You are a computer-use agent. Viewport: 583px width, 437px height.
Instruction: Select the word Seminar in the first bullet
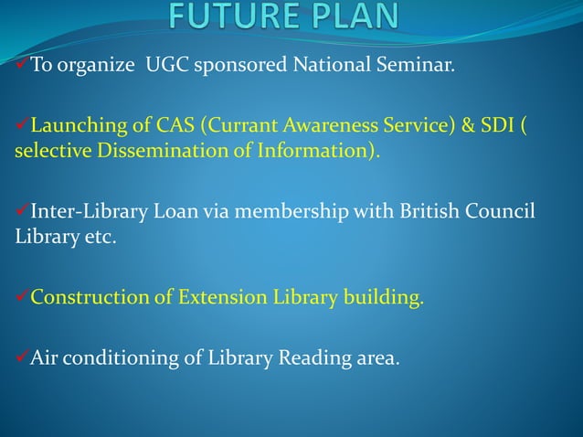413,66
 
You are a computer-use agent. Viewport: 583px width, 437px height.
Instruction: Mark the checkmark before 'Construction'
22,297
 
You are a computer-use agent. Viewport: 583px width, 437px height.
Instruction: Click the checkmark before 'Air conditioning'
22,357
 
